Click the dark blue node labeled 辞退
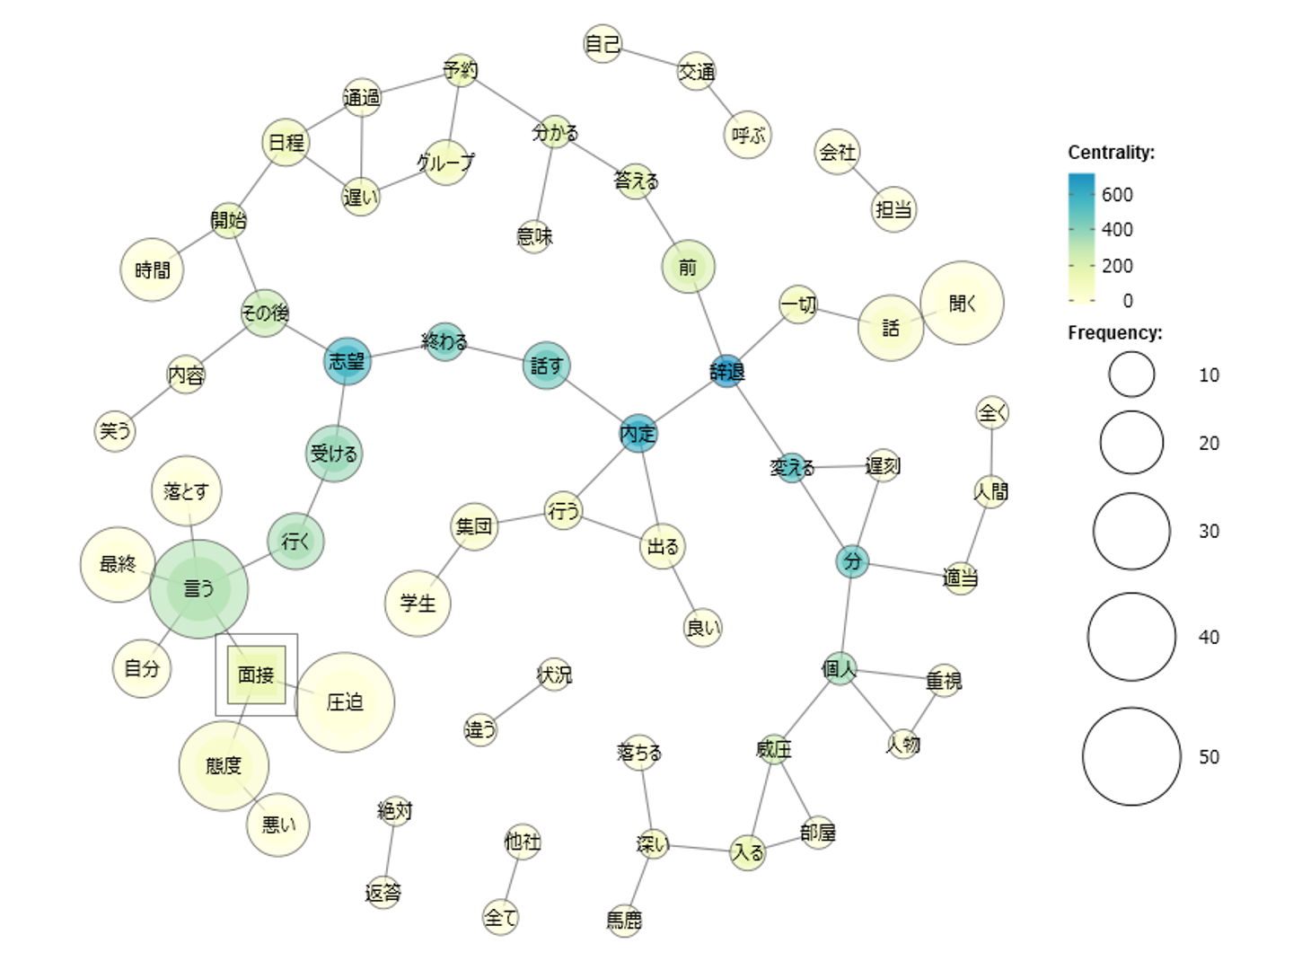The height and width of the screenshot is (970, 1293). tap(727, 370)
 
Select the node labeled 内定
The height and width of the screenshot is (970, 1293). tap(638, 434)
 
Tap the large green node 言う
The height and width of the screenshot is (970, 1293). tap(198, 589)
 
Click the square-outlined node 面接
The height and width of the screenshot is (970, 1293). tap(256, 675)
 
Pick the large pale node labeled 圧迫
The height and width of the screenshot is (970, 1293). tap(345, 701)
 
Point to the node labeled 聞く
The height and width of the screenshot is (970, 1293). tap(962, 304)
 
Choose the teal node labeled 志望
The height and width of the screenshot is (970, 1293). tap(347, 362)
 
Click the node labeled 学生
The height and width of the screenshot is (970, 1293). tap(418, 603)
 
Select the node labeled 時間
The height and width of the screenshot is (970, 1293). tap(152, 269)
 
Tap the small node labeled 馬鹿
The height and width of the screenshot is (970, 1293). tap(624, 919)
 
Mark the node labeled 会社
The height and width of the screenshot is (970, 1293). tap(837, 152)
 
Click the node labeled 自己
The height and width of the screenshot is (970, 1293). tap(602, 44)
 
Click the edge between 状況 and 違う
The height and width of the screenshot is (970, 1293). tap(517, 702)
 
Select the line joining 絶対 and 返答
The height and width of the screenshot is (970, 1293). tap(390, 851)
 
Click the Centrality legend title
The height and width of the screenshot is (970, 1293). tap(1111, 153)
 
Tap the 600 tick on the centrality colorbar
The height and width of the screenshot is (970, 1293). tap(1117, 195)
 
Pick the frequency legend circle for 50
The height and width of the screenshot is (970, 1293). tap(1131, 756)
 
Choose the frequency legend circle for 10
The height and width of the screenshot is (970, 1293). tap(1131, 375)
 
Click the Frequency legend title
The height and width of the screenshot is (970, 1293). tap(1114, 333)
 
